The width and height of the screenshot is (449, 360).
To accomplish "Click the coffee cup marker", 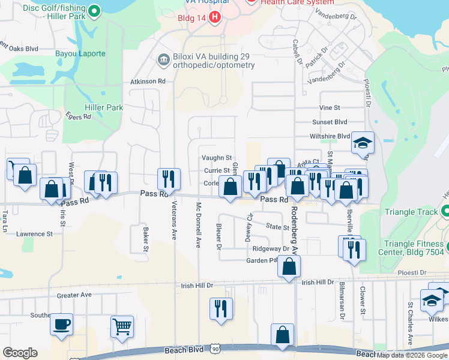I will click(x=62, y=325).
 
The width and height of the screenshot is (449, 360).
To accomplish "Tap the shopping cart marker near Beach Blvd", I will click(x=122, y=327).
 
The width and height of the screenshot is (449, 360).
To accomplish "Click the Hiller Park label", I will click(x=105, y=108).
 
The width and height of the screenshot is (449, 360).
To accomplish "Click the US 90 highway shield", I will click(x=224, y=349).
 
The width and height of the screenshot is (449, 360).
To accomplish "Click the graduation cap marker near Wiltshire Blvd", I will click(x=363, y=143).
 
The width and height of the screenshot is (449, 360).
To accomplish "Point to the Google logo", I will click(x=20, y=353).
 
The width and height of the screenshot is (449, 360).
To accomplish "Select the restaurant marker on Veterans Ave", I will click(x=169, y=179).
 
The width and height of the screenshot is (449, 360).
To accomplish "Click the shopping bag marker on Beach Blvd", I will click(x=282, y=335).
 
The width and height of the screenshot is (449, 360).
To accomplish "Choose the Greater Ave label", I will click(x=74, y=295).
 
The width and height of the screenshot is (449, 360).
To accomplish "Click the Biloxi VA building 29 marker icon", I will click(x=162, y=61).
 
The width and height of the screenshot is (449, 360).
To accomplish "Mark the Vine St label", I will click(x=330, y=107).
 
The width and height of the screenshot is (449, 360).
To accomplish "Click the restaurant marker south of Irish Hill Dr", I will click(x=221, y=308).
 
